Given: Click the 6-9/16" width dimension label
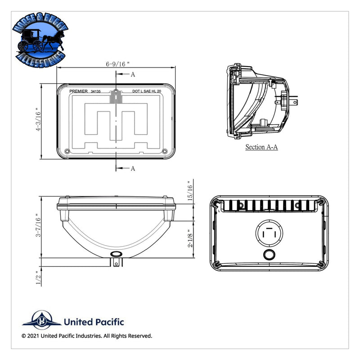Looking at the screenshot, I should (x=117, y=64).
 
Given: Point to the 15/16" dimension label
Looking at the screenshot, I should (x=190, y=189).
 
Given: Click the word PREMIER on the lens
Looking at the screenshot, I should (x=79, y=91).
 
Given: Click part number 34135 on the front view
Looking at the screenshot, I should (x=95, y=91).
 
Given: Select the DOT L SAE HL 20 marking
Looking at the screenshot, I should (x=147, y=91).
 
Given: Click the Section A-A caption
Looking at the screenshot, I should (x=261, y=147).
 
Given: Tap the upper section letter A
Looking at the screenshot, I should (x=133, y=75).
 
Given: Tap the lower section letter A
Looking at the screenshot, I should (x=133, y=168).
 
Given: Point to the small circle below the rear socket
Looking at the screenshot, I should (x=269, y=255).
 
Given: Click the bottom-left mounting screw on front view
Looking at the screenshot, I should (x=67, y=151).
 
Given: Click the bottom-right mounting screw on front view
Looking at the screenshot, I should (x=164, y=151).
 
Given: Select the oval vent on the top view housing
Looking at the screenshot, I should (x=116, y=255).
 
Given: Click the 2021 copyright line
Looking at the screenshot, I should (x=86, y=336).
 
